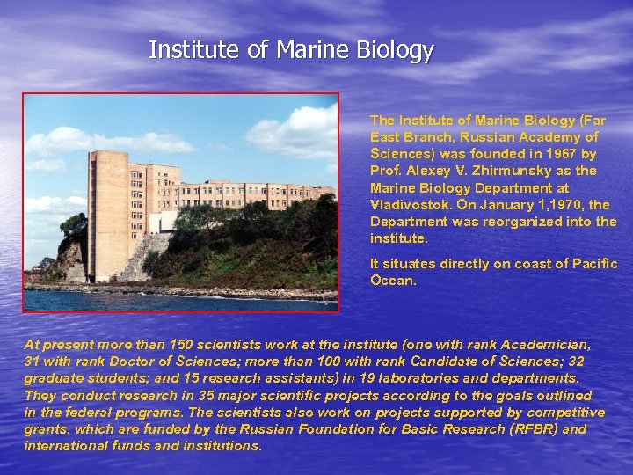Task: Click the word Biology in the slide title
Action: [394, 50]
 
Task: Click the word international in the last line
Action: [62, 446]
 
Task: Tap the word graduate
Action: [55, 379]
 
